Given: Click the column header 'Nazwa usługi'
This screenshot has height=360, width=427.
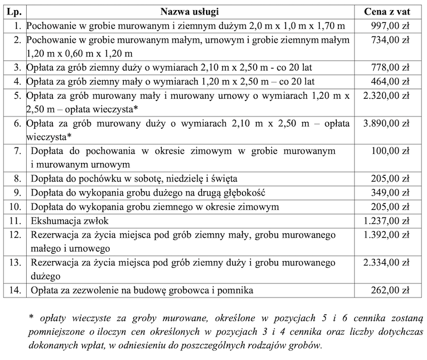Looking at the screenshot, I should coord(189,11).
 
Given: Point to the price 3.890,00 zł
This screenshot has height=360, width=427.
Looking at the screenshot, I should coord(386,123).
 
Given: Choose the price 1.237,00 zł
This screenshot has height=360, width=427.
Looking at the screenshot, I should coord(386,220).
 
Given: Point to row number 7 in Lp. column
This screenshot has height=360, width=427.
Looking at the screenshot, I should coord(18,151).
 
